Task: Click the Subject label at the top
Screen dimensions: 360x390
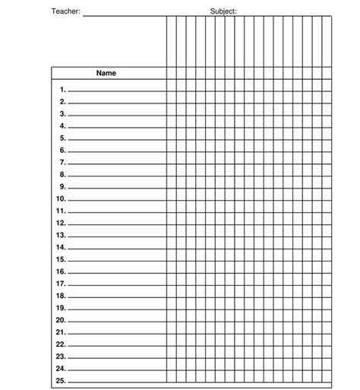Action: [x=223, y=11]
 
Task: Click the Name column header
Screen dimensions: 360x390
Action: [x=106, y=74]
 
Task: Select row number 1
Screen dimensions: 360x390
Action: [x=63, y=89]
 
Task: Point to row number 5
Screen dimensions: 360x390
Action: [x=63, y=138]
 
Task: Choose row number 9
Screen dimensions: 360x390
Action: [x=63, y=186]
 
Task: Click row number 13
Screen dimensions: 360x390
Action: [x=61, y=235]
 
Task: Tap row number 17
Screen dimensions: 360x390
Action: [x=61, y=284]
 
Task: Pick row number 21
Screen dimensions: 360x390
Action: [x=61, y=332]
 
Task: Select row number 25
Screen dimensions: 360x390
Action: [x=61, y=380]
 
